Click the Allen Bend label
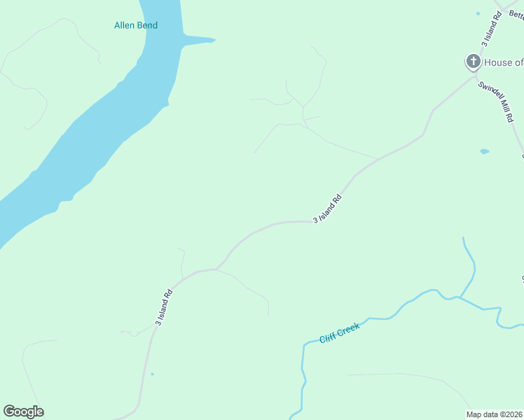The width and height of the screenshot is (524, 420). pyautogui.click(x=136, y=26)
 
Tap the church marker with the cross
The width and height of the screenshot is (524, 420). pyautogui.click(x=474, y=62)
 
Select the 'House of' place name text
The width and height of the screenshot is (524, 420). pyautogui.click(x=504, y=63)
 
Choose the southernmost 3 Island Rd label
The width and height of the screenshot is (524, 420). pyautogui.click(x=164, y=308)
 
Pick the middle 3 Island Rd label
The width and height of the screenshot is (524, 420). pyautogui.click(x=327, y=208)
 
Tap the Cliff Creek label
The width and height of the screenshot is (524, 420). pyautogui.click(x=340, y=333)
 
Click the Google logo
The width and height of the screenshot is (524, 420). pyautogui.click(x=23, y=412)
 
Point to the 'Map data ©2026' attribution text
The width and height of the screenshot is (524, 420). pyautogui.click(x=495, y=414)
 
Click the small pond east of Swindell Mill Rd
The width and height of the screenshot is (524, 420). pyautogui.click(x=484, y=151)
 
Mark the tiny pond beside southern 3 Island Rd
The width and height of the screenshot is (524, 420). pyautogui.click(x=152, y=374)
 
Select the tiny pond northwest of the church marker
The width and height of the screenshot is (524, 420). pyautogui.click(x=478, y=13)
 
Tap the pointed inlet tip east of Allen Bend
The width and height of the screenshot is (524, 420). pyautogui.click(x=214, y=40)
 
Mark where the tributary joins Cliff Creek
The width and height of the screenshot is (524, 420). pyautogui.click(x=460, y=297)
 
